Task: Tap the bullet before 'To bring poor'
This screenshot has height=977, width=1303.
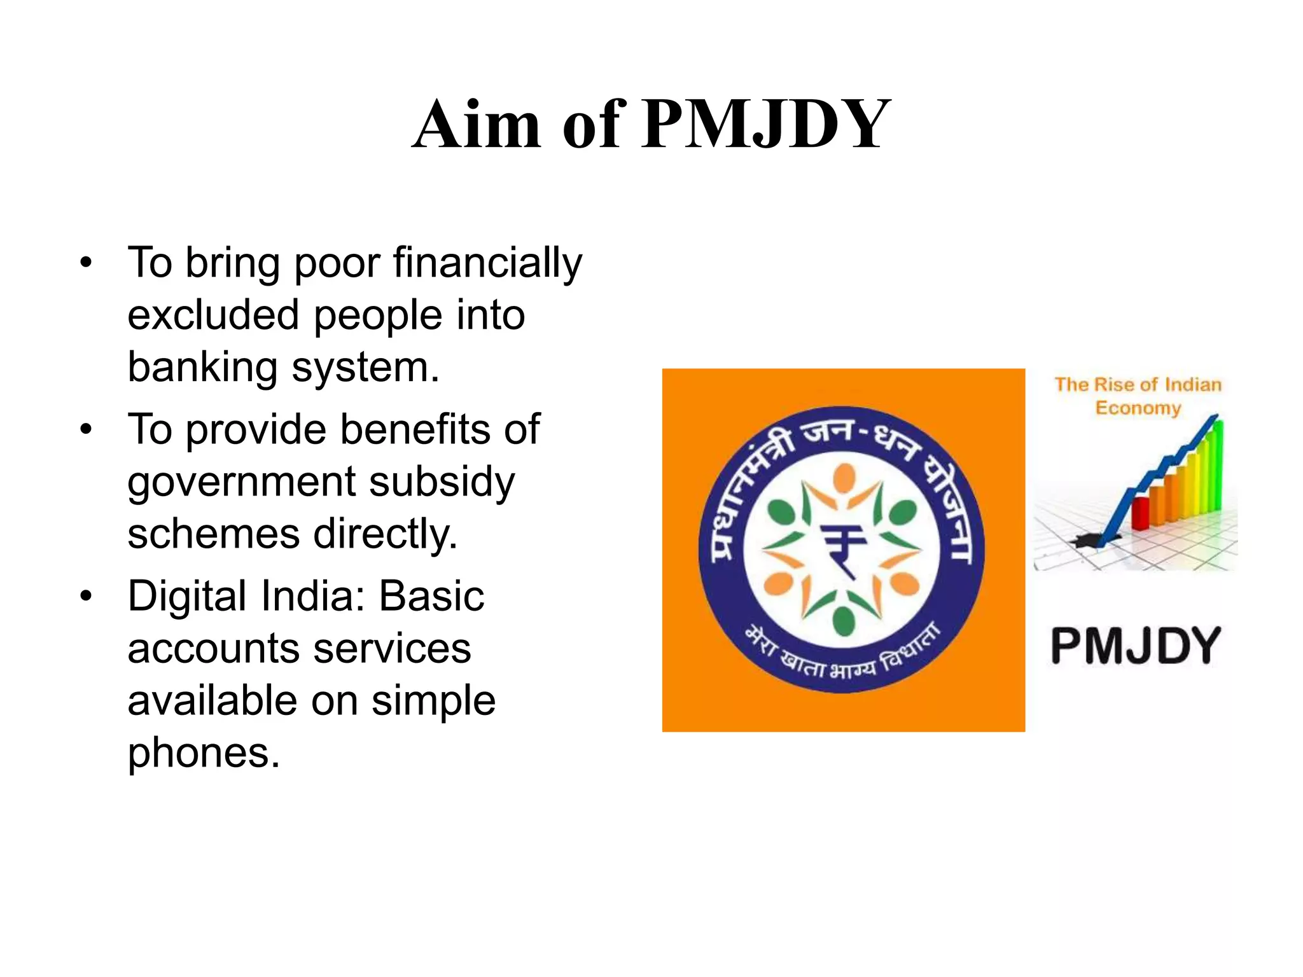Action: coord(86,262)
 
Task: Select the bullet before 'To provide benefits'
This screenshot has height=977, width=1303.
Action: coord(86,429)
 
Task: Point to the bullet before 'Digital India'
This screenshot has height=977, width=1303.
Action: coord(86,597)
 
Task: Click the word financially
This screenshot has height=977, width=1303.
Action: coord(487,262)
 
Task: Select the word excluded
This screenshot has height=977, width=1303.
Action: coord(213,315)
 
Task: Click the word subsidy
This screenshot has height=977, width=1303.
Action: coord(442,482)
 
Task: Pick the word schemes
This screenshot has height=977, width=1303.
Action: coord(213,534)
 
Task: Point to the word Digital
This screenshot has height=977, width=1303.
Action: coord(187,597)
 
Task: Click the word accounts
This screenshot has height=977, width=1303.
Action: coord(213,649)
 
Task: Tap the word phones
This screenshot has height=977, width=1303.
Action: coord(203,753)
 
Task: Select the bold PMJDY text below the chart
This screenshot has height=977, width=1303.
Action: coord(1136,646)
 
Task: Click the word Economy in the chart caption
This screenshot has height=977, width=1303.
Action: coord(1138,408)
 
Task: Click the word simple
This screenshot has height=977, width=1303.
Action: coord(433,701)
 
